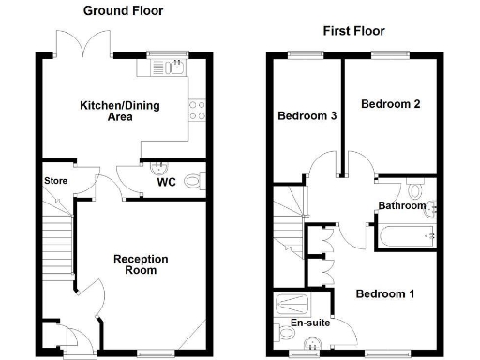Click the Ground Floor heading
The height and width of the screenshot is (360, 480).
click(123, 11)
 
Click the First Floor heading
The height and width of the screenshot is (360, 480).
click(354, 31)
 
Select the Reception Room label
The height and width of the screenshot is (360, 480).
click(141, 264)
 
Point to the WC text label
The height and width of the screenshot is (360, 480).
click(166, 184)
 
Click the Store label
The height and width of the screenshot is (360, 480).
click(55, 181)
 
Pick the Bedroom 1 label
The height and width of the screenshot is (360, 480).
click(384, 294)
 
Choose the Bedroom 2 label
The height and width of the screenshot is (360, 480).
click(390, 104)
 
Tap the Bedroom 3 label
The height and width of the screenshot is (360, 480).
click(307, 117)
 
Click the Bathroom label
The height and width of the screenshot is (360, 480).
click(401, 205)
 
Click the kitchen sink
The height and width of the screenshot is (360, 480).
click(172, 67)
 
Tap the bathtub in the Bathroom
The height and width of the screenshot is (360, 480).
click(406, 236)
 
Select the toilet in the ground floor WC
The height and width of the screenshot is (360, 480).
click(193, 181)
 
